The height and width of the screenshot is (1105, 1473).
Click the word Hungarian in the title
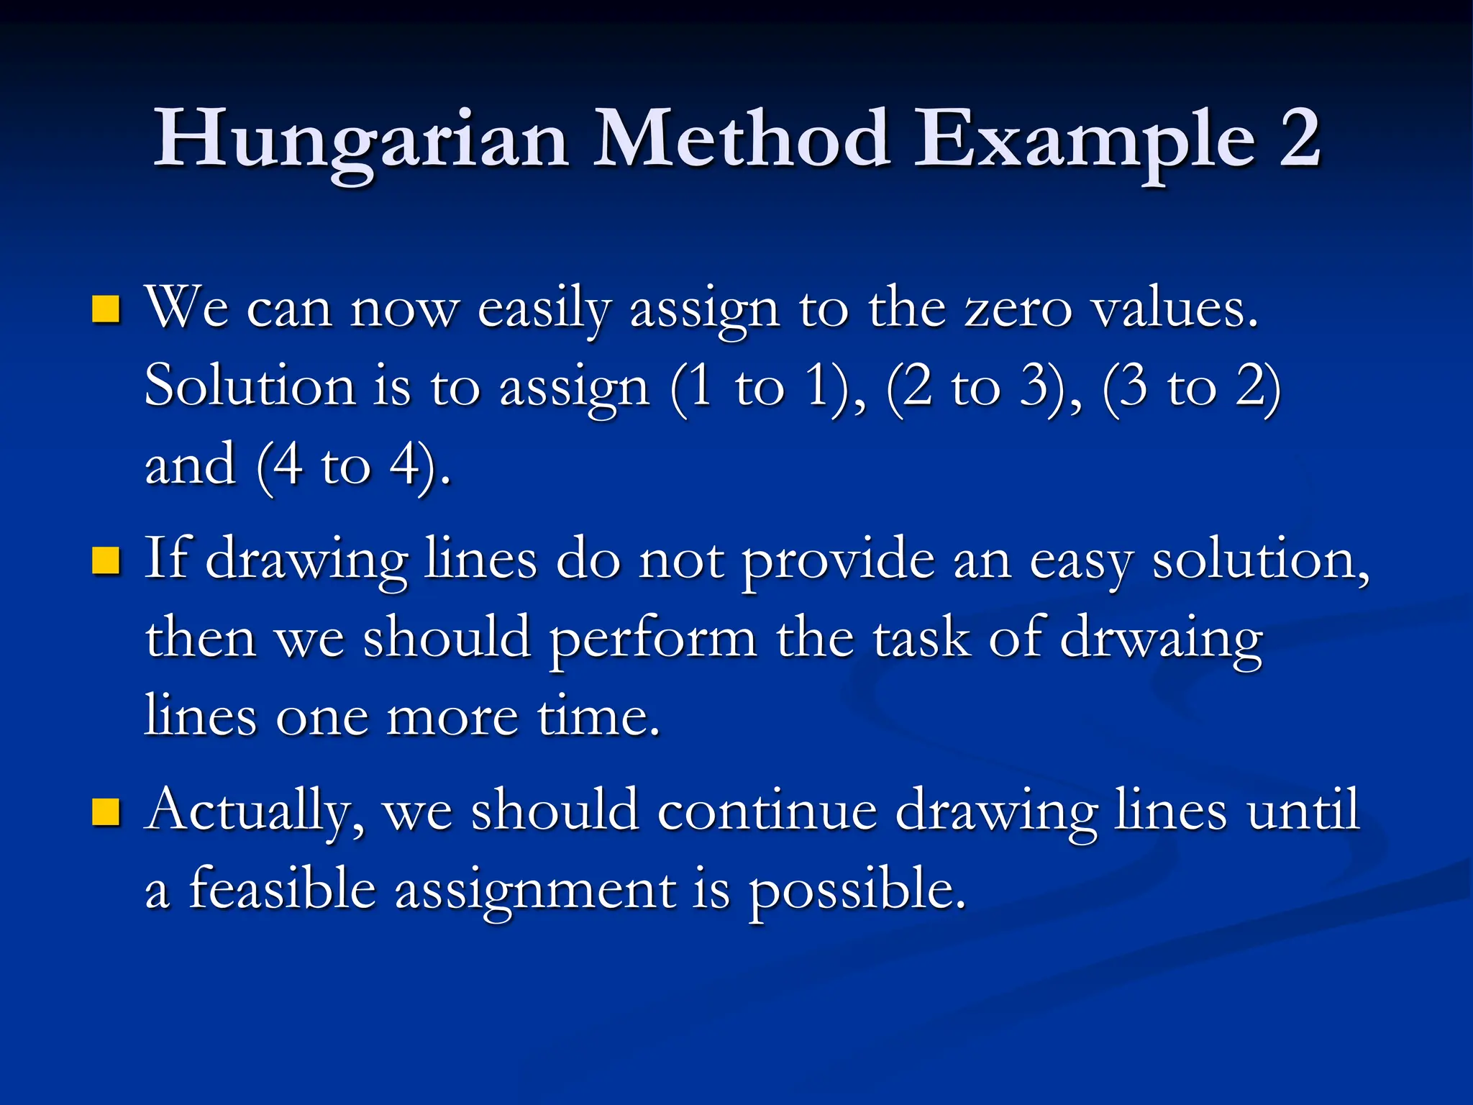pyautogui.click(x=361, y=140)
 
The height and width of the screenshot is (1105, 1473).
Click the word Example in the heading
pyautogui.click(x=1084, y=140)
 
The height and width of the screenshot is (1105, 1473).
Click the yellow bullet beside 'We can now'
pyautogui.click(x=106, y=309)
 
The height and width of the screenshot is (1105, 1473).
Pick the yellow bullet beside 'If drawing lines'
pyautogui.click(x=106, y=561)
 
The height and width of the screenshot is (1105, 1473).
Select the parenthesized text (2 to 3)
pyautogui.click(x=982, y=388)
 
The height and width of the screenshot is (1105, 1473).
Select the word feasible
pyautogui.click(x=282, y=889)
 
